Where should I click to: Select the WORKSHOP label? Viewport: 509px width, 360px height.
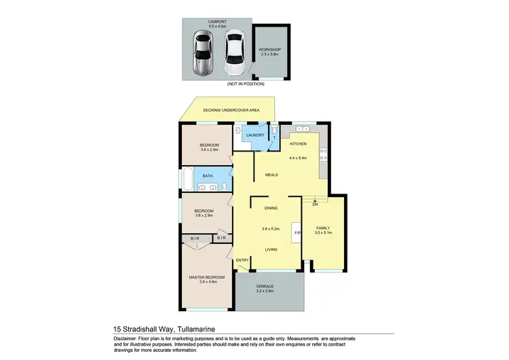click(x=269, y=50)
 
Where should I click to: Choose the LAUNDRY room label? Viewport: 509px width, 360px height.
click(x=255, y=135)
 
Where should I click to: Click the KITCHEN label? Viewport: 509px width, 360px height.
click(x=299, y=144)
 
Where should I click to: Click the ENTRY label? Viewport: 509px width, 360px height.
click(x=242, y=261)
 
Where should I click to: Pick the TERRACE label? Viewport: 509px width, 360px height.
click(x=265, y=287)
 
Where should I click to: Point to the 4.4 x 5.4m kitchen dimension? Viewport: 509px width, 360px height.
click(x=299, y=158)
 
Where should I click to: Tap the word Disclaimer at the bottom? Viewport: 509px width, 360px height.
click(x=126, y=338)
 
